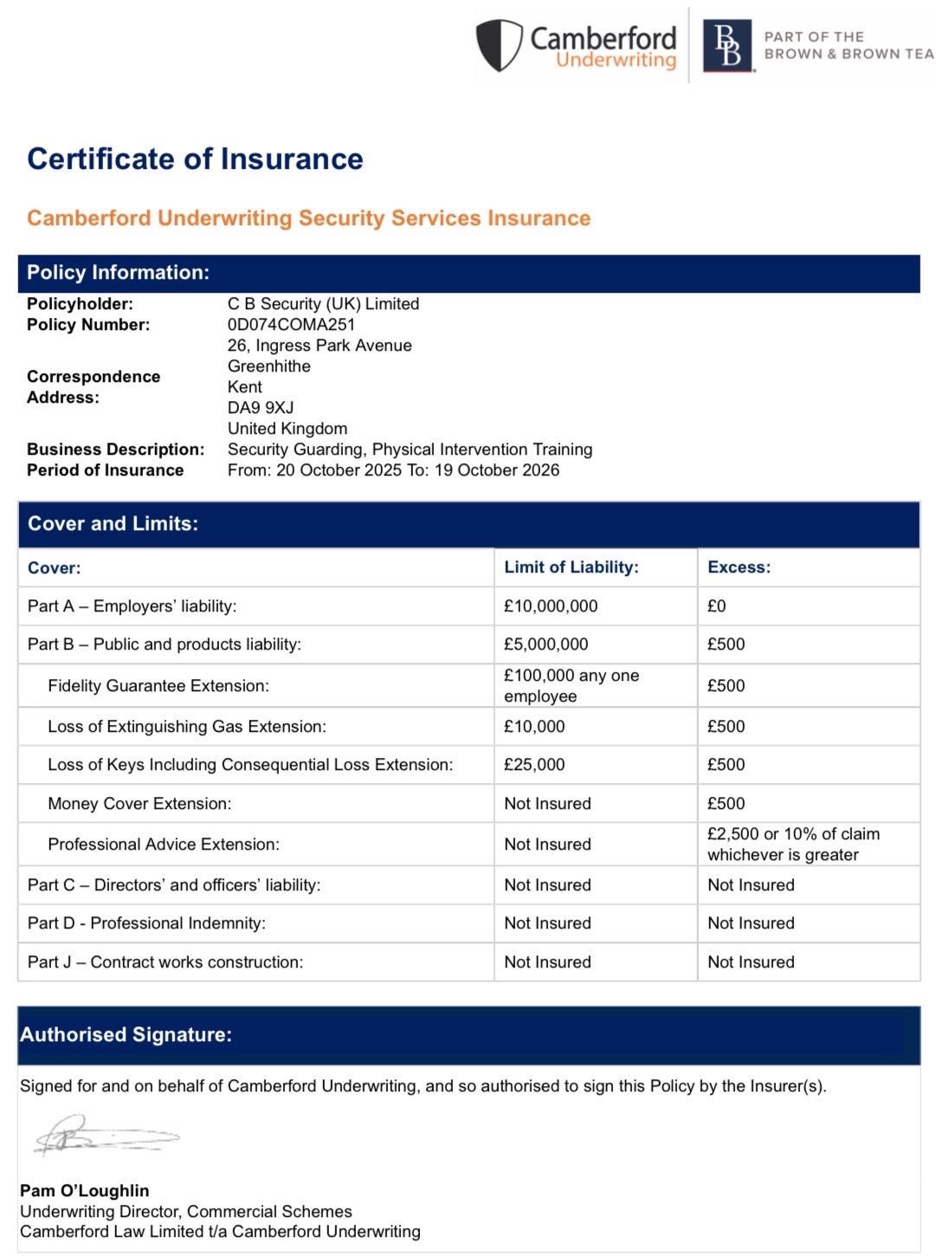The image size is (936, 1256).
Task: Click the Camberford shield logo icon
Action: pos(500,45)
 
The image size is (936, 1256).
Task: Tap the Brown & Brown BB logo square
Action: pos(727,45)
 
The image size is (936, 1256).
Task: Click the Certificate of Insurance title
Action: pos(195,159)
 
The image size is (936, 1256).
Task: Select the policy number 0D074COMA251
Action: pos(291,325)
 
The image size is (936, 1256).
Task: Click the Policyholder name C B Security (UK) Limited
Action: pos(323,304)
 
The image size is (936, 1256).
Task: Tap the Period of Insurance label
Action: pos(105,470)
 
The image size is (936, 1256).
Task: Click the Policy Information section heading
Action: pos(118,273)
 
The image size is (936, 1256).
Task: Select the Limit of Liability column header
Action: pos(571,567)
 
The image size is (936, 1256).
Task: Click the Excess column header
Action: pos(739,567)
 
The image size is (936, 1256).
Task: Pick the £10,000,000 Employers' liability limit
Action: pos(551,606)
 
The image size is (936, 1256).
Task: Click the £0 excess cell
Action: pos(717,606)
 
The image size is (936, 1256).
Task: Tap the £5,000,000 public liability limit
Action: pos(546,644)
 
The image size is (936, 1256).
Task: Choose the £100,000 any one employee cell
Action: pos(571,686)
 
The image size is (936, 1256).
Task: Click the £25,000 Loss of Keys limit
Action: pos(534,765)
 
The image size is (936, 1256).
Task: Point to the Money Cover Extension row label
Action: pos(139,804)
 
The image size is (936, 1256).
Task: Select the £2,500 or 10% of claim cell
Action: pos(793,845)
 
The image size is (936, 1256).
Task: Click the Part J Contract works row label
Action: pos(165,962)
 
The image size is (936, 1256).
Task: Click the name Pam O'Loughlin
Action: pos(84,1191)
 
